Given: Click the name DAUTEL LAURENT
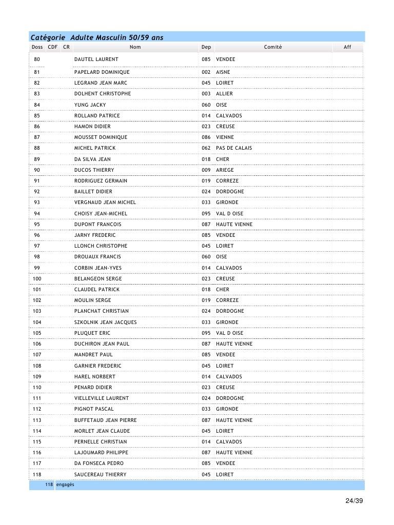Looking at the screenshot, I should pyautogui.click(x=96, y=59).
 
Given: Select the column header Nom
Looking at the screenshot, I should pyautogui.click(x=135, y=47).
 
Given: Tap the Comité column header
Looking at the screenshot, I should pyautogui.click(x=272, y=47).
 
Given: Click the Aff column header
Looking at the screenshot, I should pyautogui.click(x=347, y=47).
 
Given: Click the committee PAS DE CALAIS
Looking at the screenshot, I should pyautogui.click(x=234, y=148).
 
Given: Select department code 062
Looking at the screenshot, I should pyautogui.click(x=206, y=148).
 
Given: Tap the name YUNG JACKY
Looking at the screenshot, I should pyautogui.click(x=90, y=105).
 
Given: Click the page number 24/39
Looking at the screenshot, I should pyautogui.click(x=353, y=501).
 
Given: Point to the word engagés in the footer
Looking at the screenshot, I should pyautogui.click(x=65, y=485).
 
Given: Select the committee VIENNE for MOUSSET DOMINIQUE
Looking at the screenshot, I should pyautogui.click(x=225, y=137).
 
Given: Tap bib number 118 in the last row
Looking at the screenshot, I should pyautogui.click(x=37, y=475).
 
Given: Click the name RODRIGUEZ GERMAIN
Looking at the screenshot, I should pyautogui.click(x=101, y=181).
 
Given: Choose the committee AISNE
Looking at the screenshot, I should pyautogui.click(x=223, y=72).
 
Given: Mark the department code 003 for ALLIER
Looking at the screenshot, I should pyautogui.click(x=206, y=94).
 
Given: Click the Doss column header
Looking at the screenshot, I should pyautogui.click(x=37, y=47).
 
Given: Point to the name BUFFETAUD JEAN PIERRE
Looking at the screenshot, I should pyautogui.click(x=105, y=420).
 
